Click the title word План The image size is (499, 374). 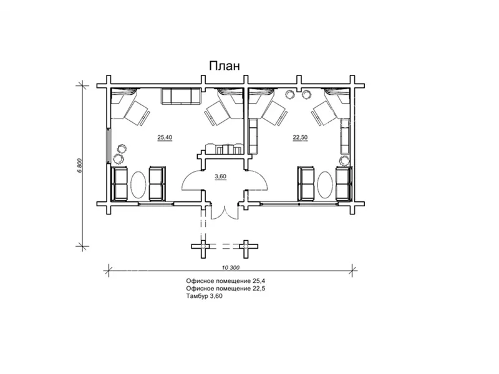coord(225,65)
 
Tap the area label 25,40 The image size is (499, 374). coord(165,137)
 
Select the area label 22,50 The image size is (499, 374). coord(300,137)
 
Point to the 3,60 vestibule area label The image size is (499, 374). coord(221,177)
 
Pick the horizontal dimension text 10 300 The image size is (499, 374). coord(230,267)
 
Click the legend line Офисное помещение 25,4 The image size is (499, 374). coord(226,281)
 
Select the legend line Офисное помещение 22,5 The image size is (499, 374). coord(226,289)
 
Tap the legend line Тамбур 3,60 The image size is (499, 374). coord(205,297)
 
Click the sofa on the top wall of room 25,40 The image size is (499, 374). coord(181,97)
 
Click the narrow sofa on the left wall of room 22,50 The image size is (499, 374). coord(253,136)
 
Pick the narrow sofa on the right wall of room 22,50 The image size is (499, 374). coord(346,136)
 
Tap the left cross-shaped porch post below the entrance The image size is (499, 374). coord(203,246)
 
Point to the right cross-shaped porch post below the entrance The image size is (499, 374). coord(246,246)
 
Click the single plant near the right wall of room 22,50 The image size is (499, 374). coord(344,160)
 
